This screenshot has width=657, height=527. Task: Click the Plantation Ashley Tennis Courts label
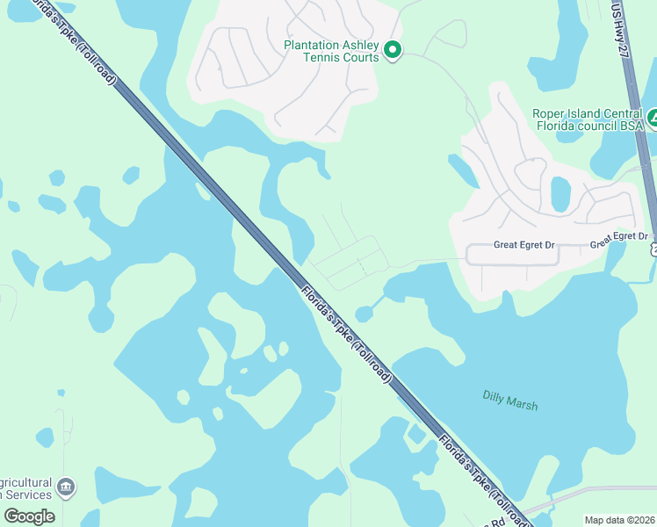[331, 51]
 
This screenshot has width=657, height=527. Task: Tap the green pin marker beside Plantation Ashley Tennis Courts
[393, 51]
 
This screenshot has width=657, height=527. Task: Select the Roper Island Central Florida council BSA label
[589, 119]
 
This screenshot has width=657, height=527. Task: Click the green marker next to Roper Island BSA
[652, 119]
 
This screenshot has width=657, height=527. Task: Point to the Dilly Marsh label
[510, 401]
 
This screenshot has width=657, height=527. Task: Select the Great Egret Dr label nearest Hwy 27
[618, 239]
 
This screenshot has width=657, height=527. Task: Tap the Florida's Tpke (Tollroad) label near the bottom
[481, 479]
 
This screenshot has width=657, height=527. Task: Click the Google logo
[28, 516]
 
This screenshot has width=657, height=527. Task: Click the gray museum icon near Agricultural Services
[65, 486]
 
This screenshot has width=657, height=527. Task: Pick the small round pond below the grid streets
[363, 314]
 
